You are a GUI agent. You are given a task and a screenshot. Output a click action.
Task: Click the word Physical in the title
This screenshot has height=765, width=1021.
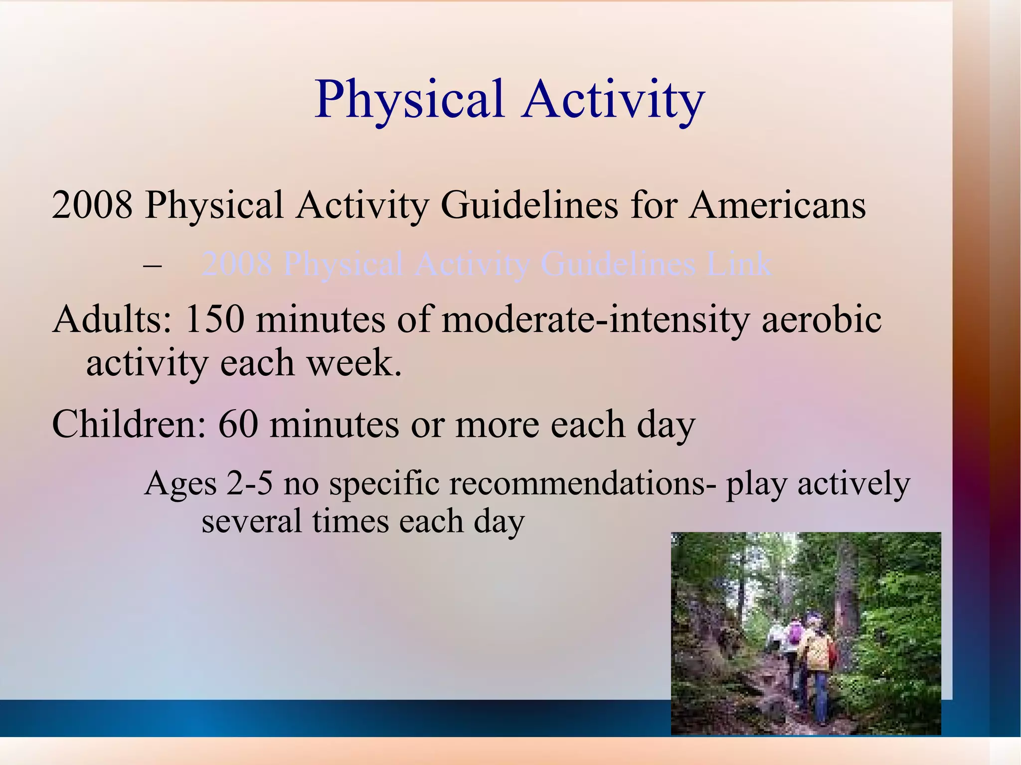410,100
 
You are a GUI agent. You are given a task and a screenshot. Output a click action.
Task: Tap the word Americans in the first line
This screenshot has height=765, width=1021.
777,205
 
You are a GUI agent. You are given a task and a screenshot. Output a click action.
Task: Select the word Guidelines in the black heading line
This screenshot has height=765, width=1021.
529,205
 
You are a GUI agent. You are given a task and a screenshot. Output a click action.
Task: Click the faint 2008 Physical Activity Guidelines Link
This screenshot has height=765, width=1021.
486,264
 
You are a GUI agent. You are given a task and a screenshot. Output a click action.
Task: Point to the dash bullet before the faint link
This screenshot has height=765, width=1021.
152,265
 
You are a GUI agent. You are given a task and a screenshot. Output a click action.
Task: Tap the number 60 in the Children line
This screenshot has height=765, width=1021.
238,424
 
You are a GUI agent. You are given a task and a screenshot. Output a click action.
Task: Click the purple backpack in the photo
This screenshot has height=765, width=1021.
795,633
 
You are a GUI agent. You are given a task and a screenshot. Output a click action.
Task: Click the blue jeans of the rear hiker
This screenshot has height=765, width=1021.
821,698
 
